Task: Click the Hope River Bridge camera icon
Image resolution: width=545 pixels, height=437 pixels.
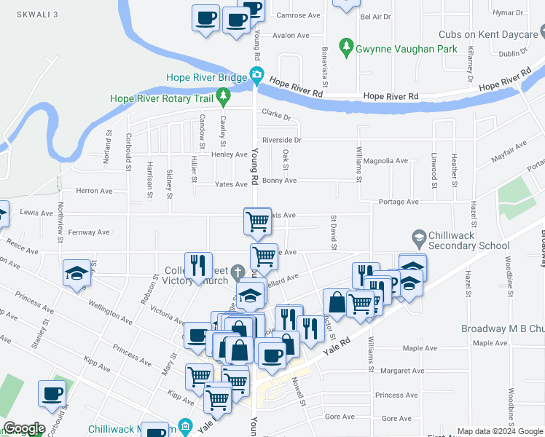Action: click(x=256, y=74)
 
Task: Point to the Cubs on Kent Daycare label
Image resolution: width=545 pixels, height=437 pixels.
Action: click(x=488, y=34)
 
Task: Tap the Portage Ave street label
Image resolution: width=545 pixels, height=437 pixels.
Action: click(x=399, y=202)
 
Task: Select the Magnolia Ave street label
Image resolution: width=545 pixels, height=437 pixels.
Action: click(x=385, y=161)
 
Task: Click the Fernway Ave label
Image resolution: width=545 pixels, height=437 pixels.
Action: click(x=87, y=232)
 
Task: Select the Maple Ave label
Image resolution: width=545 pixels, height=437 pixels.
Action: click(x=490, y=343)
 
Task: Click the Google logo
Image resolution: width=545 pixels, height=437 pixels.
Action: click(x=24, y=429)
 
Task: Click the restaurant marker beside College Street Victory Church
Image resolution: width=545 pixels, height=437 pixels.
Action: click(x=198, y=265)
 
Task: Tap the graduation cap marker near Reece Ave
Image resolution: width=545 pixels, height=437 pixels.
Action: click(x=77, y=273)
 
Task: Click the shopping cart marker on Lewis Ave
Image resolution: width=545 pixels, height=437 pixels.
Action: click(x=256, y=220)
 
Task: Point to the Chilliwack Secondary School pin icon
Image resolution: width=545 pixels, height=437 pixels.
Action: click(x=419, y=237)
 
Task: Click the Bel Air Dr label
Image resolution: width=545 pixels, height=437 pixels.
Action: click(x=376, y=16)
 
